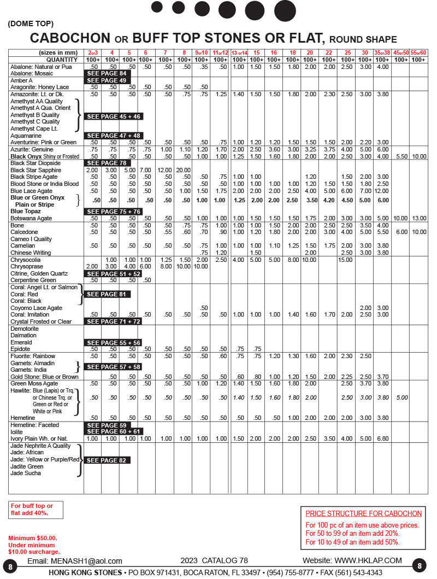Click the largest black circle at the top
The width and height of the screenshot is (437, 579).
pyautogui.click(x=285, y=11)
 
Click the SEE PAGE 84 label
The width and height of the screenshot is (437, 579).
pyautogui.click(x=107, y=73)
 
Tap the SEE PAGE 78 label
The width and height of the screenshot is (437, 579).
pyautogui.click(x=107, y=163)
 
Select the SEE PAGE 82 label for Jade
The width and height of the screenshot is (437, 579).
pyautogui.click(x=107, y=460)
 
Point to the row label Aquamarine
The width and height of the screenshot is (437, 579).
pyautogui.click(x=27, y=135)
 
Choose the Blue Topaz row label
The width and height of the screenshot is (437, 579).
pyautogui.click(x=26, y=211)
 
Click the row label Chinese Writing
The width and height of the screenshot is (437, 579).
pyautogui.click(x=31, y=253)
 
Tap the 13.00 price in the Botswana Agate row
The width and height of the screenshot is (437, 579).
pyautogui.click(x=418, y=218)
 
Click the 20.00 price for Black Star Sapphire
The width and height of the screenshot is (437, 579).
pyautogui.click(x=184, y=170)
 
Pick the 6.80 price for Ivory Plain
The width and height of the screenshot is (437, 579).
pyautogui.click(x=382, y=438)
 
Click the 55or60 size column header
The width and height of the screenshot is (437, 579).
pyautogui.click(x=418, y=52)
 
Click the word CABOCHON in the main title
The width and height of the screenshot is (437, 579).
pyautogui.click(x=70, y=38)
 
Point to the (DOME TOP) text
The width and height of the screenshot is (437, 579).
pyautogui.click(x=31, y=24)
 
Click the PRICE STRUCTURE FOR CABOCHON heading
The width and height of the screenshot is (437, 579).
pyautogui.click(x=363, y=513)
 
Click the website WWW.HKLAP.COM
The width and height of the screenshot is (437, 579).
pyautogui.click(x=368, y=560)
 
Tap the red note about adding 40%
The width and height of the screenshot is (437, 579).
pyautogui.click(x=32, y=510)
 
